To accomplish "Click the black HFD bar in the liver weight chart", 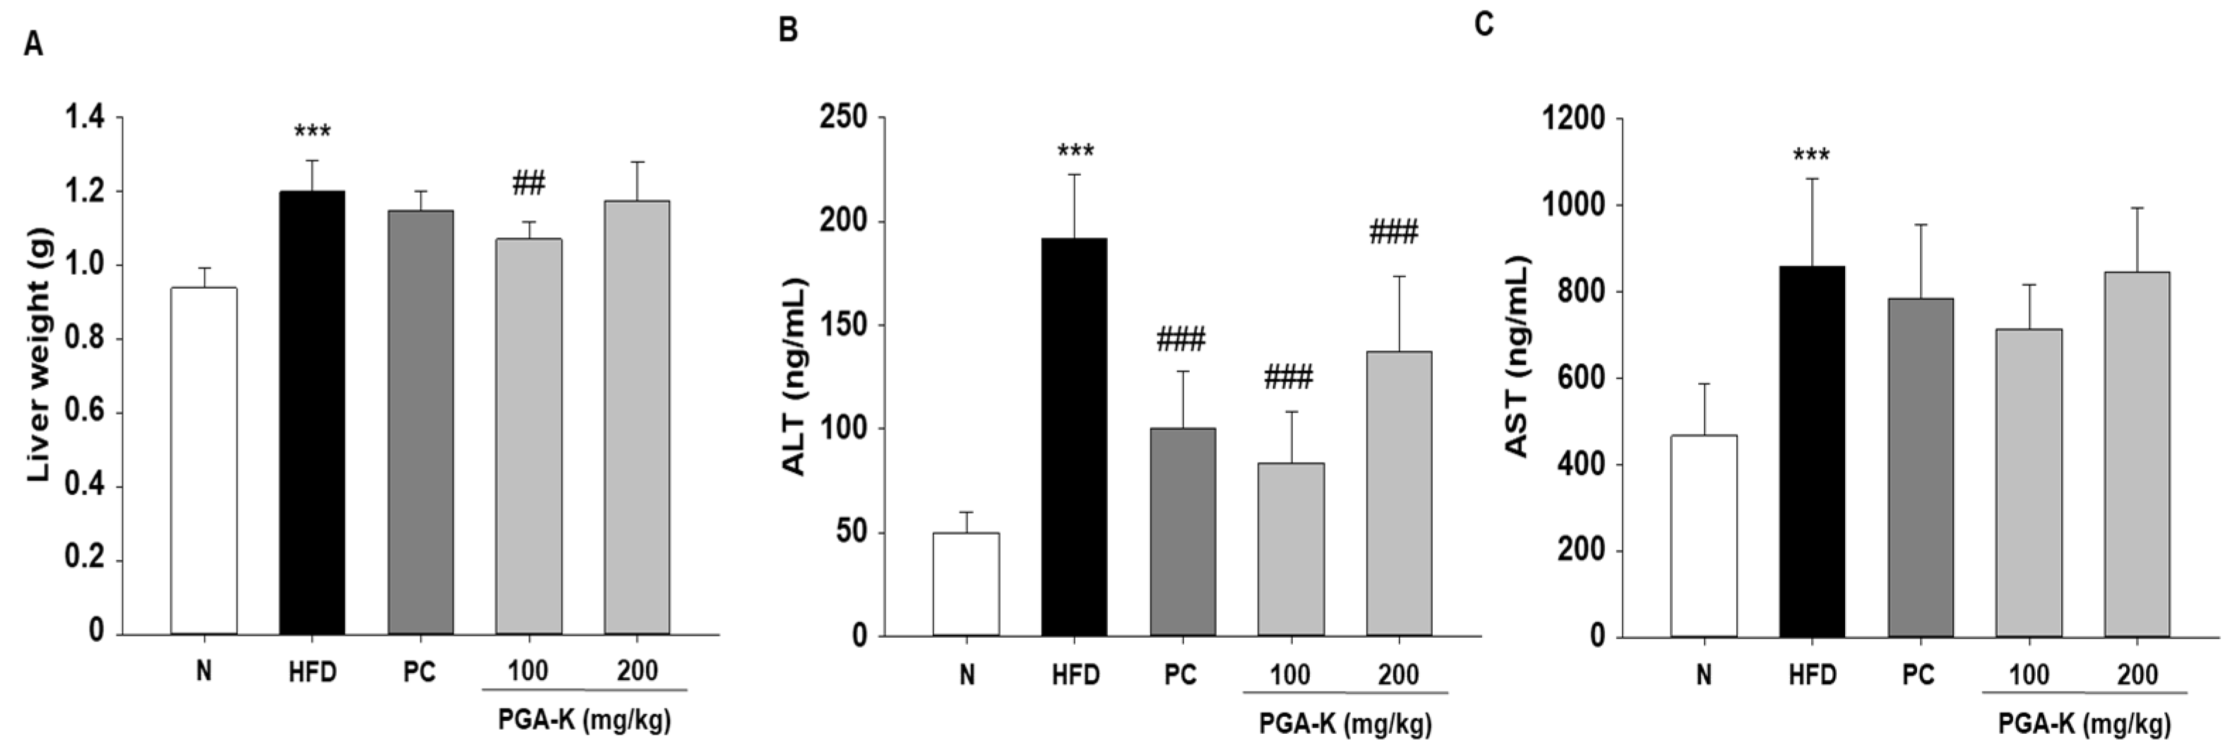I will coord(312,412).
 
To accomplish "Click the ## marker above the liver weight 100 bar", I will coord(528,184).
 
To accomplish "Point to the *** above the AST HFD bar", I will coord(1811,156).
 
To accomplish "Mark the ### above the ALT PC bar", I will coord(1181,340).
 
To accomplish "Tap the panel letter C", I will coord(1484,23).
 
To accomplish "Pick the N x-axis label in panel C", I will coord(1703,675).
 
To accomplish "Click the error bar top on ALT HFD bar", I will coord(1074,174).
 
